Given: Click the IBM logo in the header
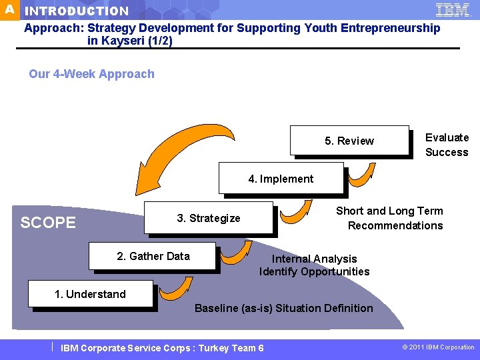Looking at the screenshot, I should point(453,9).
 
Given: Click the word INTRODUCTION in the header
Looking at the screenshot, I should point(77,11).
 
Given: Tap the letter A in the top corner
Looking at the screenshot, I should point(9,9).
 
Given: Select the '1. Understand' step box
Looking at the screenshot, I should point(90,294).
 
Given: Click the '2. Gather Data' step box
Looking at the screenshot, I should point(153,257).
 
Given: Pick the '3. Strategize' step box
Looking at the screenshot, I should point(209,218).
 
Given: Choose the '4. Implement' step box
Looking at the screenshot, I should point(281,179).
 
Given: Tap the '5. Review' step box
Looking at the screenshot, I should point(349,141).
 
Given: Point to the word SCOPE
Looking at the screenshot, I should point(48,223).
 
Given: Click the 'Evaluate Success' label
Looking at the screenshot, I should point(447,145).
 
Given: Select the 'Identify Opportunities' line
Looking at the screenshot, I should point(314,271).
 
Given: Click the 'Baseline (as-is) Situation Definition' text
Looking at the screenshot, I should point(283,308).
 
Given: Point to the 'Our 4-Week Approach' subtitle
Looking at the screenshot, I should point(91,74).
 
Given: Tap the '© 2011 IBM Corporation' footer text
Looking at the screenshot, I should point(438,347).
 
